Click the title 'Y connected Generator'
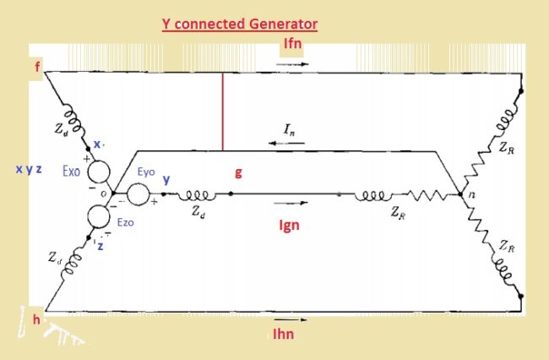pyautogui.click(x=240, y=25)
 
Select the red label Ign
pyautogui.click(x=289, y=226)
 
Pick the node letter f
pyautogui.click(x=36, y=67)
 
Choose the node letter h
pyautogui.click(x=36, y=319)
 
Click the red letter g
pyautogui.click(x=238, y=172)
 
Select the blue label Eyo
pyautogui.click(x=145, y=171)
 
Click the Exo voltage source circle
pyautogui.click(x=98, y=172)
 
